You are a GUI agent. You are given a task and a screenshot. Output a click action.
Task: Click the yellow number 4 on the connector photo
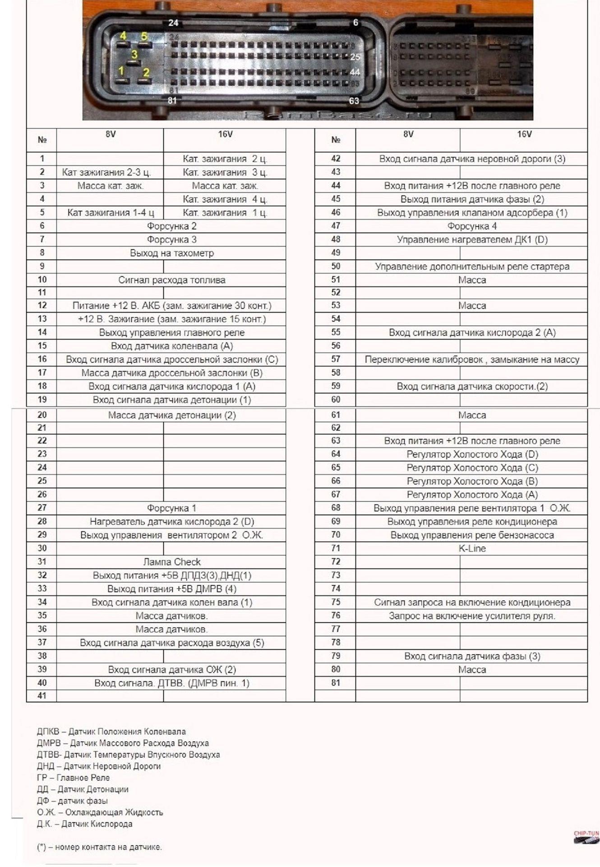tap(123, 36)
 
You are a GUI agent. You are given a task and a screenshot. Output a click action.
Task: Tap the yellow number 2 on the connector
tap(146, 72)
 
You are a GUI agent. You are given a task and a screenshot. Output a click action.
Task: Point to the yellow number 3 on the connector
tap(134, 55)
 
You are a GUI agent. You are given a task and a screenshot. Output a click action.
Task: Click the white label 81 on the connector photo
tap(172, 100)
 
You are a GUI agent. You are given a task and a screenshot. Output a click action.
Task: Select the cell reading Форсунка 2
tap(171, 226)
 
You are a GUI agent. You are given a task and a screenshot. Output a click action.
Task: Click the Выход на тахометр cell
tap(171, 253)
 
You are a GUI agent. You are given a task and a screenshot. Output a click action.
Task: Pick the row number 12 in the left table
tap(42, 306)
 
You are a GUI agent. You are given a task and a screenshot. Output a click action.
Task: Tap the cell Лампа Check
tap(171, 562)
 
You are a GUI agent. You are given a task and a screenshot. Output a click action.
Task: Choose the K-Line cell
tap(472, 549)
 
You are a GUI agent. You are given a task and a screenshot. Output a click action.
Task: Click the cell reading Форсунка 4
tap(472, 226)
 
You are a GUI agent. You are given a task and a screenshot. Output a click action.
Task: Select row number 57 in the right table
tap(335, 359)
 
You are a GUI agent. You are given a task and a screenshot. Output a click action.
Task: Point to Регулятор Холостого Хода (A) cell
tap(472, 494)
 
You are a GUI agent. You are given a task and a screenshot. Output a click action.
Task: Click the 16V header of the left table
tap(225, 135)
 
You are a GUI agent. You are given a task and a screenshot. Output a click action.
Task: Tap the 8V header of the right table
tap(408, 135)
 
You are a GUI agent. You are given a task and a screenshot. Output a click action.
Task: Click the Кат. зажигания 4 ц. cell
tap(225, 199)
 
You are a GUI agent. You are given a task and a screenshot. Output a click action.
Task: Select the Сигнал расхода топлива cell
tap(171, 280)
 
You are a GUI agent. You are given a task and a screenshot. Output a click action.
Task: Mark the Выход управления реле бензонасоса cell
tap(472, 535)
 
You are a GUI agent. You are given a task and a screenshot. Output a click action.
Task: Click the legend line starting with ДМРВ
tap(123, 743)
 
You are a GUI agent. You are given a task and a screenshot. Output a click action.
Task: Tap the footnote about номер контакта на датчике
tap(99, 847)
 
